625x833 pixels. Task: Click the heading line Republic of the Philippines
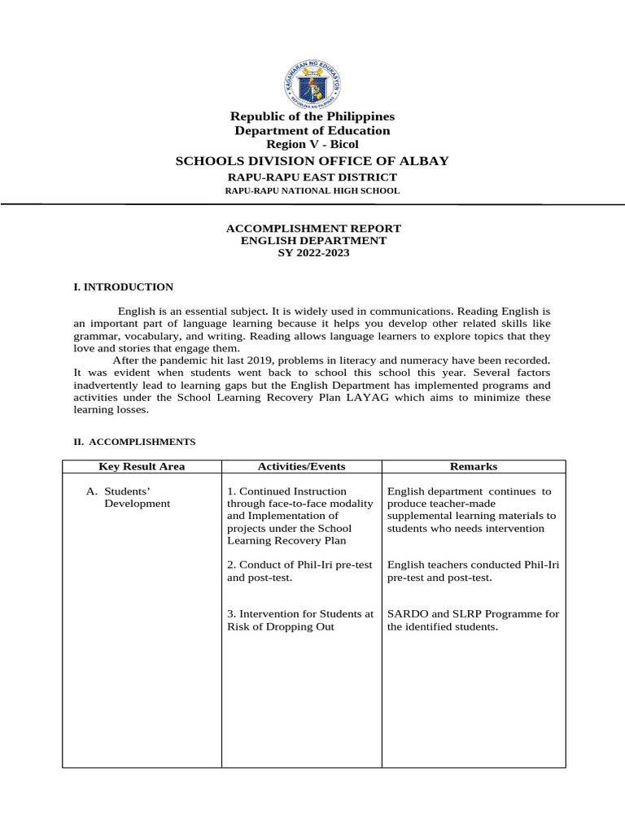pos(312,117)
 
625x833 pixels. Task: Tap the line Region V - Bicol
pos(312,144)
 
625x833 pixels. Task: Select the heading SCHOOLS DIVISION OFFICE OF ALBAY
pos(312,161)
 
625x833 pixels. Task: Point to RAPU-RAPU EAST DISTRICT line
pos(312,177)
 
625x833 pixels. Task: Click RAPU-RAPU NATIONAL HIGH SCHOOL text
pos(312,190)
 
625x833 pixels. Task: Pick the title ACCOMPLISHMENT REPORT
pos(312,229)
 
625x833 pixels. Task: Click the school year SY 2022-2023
pos(312,252)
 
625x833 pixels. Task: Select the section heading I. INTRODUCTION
pos(124,287)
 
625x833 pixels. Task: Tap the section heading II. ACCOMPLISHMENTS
pos(134,442)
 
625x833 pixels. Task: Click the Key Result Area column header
pos(142,467)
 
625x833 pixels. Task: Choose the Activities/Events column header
pos(301,467)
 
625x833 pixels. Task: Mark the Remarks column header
pos(474,467)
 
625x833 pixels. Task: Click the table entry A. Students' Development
pos(130,497)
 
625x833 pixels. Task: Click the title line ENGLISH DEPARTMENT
pos(312,241)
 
